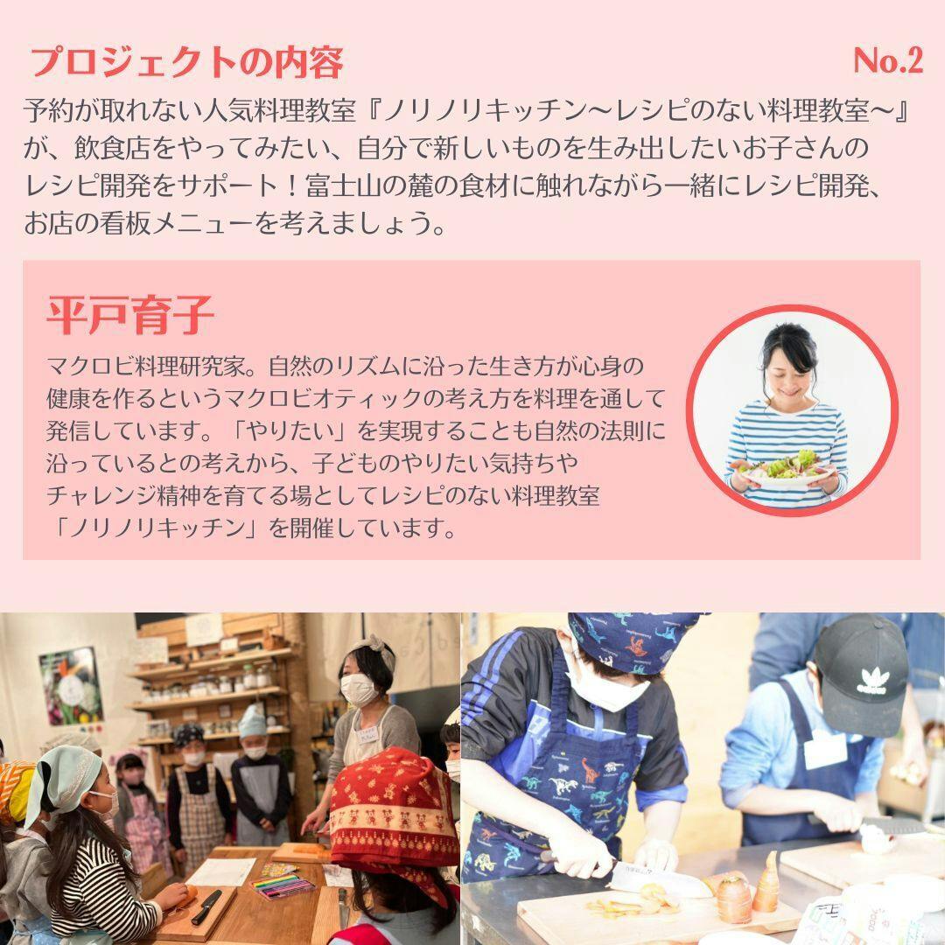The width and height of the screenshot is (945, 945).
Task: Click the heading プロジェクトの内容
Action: click(x=186, y=63)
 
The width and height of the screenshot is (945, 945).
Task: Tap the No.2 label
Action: click(x=888, y=60)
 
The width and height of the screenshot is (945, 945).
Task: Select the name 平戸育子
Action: click(x=129, y=315)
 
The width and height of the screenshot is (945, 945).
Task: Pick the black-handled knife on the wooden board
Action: click(x=206, y=907)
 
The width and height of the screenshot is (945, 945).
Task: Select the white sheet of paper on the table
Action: click(x=221, y=871)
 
